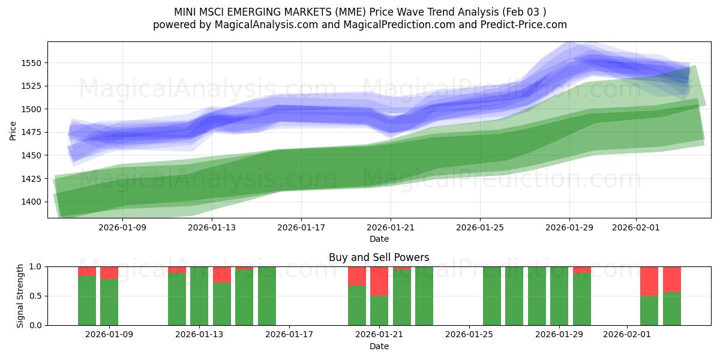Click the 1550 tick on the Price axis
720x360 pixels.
pyautogui.click(x=34, y=63)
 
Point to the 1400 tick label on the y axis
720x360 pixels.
pyautogui.click(x=34, y=202)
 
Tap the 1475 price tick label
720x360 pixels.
pyautogui.click(x=34, y=132)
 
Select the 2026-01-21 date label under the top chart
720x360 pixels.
pyautogui.click(x=391, y=228)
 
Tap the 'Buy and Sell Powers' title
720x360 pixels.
pyautogui.click(x=379, y=257)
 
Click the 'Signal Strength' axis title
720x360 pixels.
pyautogui.click(x=20, y=296)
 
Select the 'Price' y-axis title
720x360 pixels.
pyautogui.click(x=13, y=130)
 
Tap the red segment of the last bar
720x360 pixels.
pyautogui.click(x=671, y=279)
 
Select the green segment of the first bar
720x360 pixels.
pyautogui.click(x=87, y=300)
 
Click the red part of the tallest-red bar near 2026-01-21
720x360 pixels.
pyautogui.click(x=379, y=281)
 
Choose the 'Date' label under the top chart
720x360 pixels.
pyautogui.click(x=379, y=239)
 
